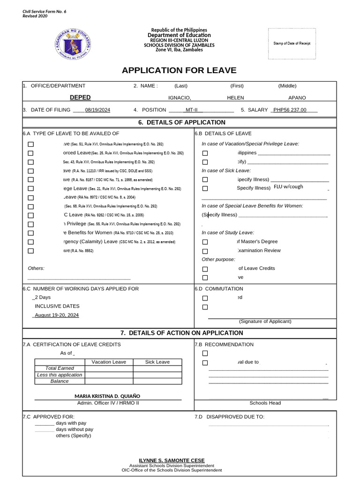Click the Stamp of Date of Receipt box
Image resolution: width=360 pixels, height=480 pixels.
292,44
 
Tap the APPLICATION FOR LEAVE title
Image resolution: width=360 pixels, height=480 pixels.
179,71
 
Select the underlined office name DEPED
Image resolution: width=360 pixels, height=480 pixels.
80,97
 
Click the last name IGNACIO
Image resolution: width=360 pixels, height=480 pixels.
180,98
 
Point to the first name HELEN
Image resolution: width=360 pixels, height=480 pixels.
235,98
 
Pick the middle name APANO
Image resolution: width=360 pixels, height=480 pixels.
297,98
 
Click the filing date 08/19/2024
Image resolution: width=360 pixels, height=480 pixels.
97,110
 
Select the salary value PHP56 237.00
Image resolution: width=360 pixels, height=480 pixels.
290,110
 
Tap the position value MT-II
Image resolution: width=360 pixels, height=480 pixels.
192,110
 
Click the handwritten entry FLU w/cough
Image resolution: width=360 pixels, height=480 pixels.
288,187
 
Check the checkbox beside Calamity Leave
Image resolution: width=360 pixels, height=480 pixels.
31,242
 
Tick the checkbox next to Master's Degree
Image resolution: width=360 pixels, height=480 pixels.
205,242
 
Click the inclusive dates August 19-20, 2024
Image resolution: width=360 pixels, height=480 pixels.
57,315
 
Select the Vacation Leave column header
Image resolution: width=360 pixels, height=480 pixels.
109,362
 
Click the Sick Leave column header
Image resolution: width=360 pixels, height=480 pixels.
157,362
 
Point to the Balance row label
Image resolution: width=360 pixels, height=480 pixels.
60,381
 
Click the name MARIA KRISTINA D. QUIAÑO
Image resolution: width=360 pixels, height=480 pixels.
107,396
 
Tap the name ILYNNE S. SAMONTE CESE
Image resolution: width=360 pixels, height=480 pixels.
172,460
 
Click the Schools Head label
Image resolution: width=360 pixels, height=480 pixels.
265,403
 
